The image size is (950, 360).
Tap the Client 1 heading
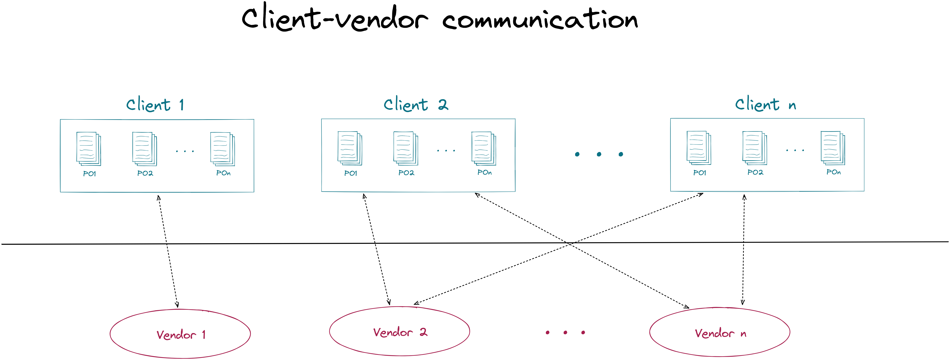coord(155,105)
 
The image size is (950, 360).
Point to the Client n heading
coord(765,104)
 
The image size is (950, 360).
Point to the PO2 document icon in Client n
coord(755,148)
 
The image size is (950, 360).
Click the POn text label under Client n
coord(833,172)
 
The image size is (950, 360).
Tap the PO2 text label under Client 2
coord(406,173)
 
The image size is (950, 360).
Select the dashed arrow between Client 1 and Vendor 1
coord(168,251)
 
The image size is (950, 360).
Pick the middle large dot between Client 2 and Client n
coord(599,154)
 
